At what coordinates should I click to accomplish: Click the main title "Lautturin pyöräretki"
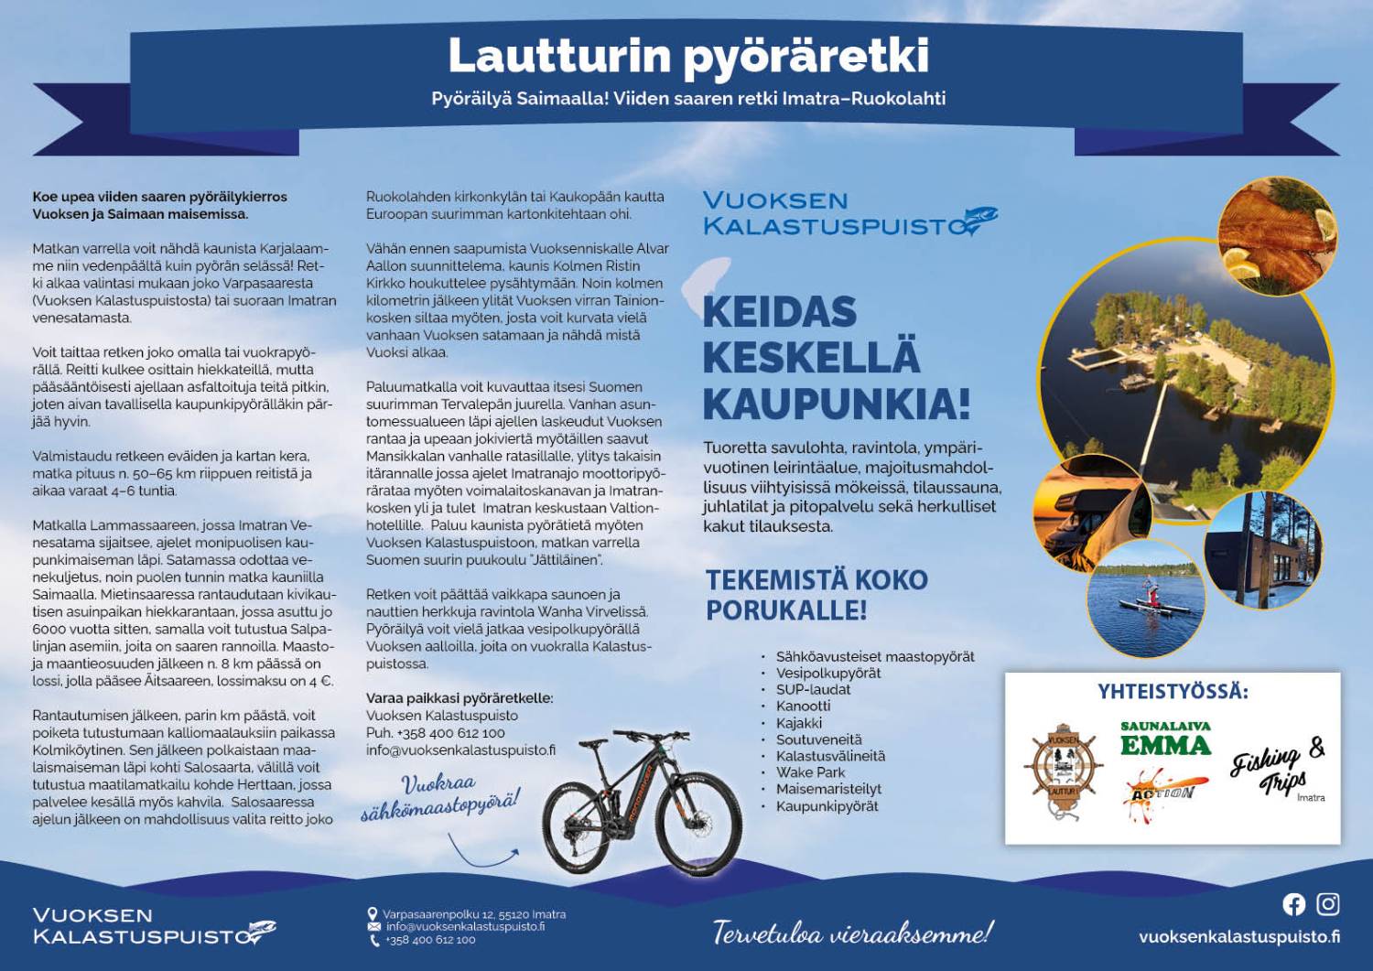pyautogui.click(x=688, y=56)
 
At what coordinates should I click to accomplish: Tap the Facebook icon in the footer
pyautogui.click(x=1293, y=904)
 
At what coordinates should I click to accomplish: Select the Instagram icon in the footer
pyautogui.click(x=1327, y=904)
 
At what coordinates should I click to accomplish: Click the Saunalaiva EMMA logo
pyautogui.click(x=1165, y=739)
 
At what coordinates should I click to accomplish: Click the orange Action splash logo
pyautogui.click(x=1162, y=789)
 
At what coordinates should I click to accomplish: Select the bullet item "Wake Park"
pyautogui.click(x=810, y=772)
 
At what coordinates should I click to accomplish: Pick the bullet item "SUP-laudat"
pyautogui.click(x=813, y=689)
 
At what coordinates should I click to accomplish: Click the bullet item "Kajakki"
pyautogui.click(x=798, y=723)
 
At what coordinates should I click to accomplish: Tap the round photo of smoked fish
pyautogui.click(x=1277, y=234)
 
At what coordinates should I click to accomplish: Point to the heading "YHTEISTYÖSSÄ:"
pyautogui.click(x=1173, y=692)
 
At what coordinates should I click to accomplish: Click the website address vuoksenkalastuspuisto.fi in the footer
pyautogui.click(x=1238, y=936)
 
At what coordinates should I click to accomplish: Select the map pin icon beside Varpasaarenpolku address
pyautogui.click(x=373, y=913)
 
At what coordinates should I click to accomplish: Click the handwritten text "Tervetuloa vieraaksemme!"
pyautogui.click(x=851, y=933)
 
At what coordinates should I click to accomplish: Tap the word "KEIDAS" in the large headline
pyautogui.click(x=779, y=313)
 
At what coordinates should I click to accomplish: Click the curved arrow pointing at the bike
pyautogui.click(x=481, y=853)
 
